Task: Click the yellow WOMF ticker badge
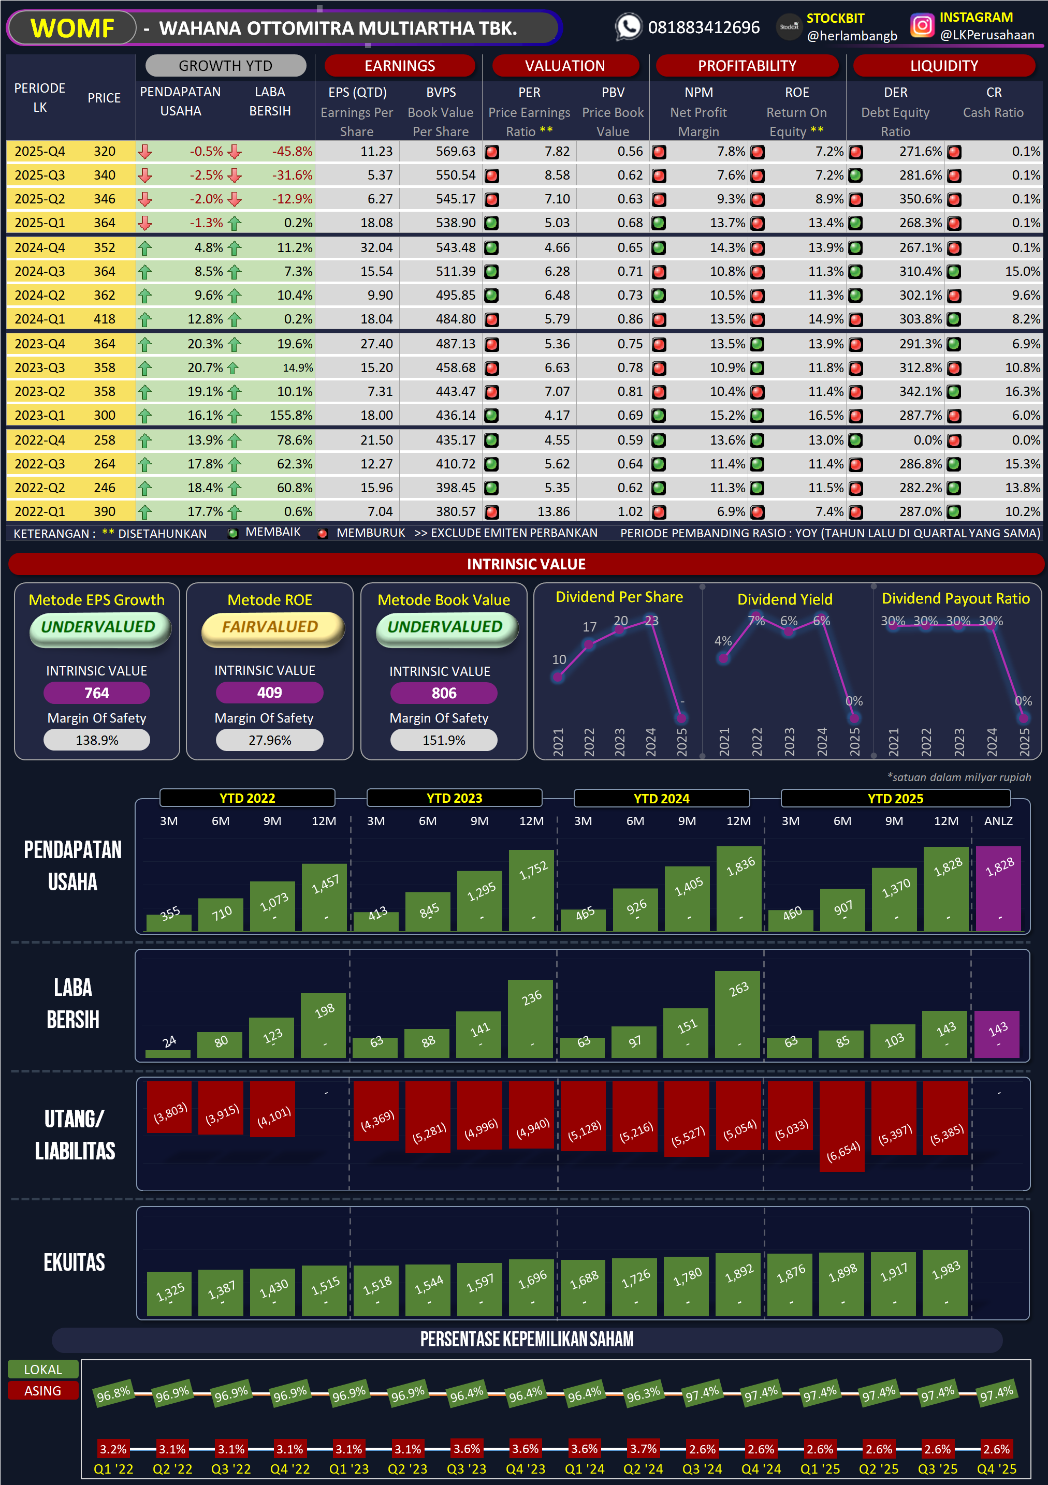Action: point(72,28)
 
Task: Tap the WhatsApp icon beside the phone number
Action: point(628,27)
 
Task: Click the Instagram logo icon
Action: point(922,26)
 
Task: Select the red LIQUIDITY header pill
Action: point(943,66)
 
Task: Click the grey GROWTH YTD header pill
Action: point(225,66)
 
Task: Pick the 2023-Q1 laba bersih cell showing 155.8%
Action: point(290,415)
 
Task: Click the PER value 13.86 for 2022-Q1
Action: point(553,511)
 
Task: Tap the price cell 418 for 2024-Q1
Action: point(104,319)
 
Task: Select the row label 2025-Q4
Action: point(39,151)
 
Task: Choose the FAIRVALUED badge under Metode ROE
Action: point(270,627)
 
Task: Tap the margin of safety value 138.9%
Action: point(97,740)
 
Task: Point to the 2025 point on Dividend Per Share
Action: point(681,717)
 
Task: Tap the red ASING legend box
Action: point(42,1391)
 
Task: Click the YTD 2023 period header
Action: point(454,798)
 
